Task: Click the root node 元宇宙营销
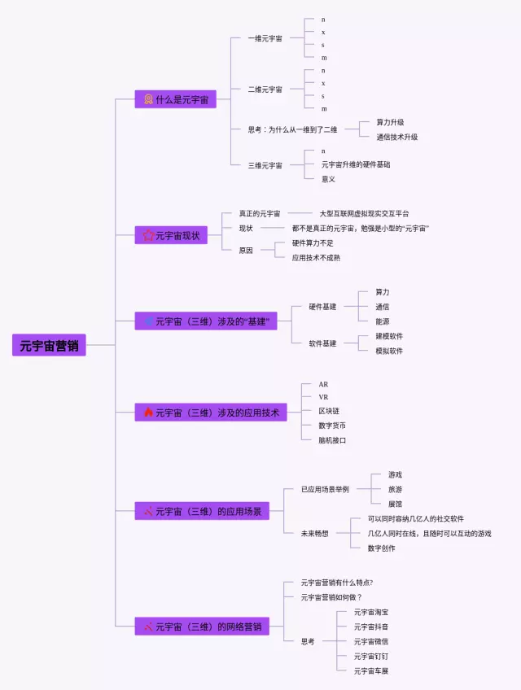point(49,345)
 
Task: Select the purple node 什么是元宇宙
point(175,99)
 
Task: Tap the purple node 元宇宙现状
point(171,236)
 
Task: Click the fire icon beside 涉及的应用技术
point(148,413)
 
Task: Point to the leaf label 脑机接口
point(332,439)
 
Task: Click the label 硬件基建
point(322,307)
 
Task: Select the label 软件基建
point(322,343)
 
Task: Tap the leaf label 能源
point(382,321)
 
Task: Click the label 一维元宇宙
point(265,38)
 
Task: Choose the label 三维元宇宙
point(265,165)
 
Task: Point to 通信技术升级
point(397,137)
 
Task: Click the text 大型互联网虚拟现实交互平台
point(364,213)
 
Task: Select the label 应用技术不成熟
point(316,257)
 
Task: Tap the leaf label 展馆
point(395,504)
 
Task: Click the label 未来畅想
point(314,533)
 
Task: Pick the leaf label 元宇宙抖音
point(370,627)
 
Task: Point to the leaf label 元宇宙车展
point(370,670)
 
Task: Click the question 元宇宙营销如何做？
point(331,596)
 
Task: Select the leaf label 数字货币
point(332,425)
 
